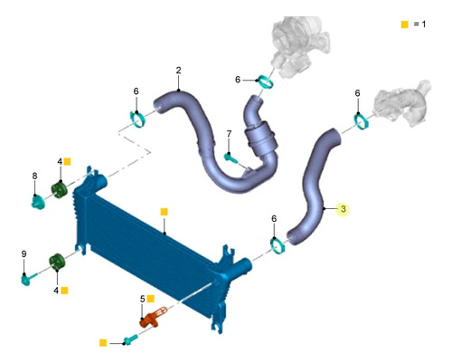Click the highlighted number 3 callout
(x=343, y=209)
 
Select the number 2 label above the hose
(x=179, y=71)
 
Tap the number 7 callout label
(x=229, y=134)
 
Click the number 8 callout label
(x=35, y=176)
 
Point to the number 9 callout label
(x=24, y=254)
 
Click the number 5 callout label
(x=143, y=299)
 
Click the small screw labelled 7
(x=231, y=158)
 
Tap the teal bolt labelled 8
(x=38, y=202)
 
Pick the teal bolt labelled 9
(x=29, y=278)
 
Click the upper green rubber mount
(x=59, y=190)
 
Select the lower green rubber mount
(x=57, y=263)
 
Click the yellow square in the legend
(x=405, y=24)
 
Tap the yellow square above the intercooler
(x=164, y=212)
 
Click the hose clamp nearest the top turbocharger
(x=267, y=82)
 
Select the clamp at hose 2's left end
(x=137, y=119)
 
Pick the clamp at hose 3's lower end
(x=278, y=245)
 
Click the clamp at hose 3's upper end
(x=361, y=121)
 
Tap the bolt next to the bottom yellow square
(x=130, y=339)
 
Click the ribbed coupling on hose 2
(x=261, y=139)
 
